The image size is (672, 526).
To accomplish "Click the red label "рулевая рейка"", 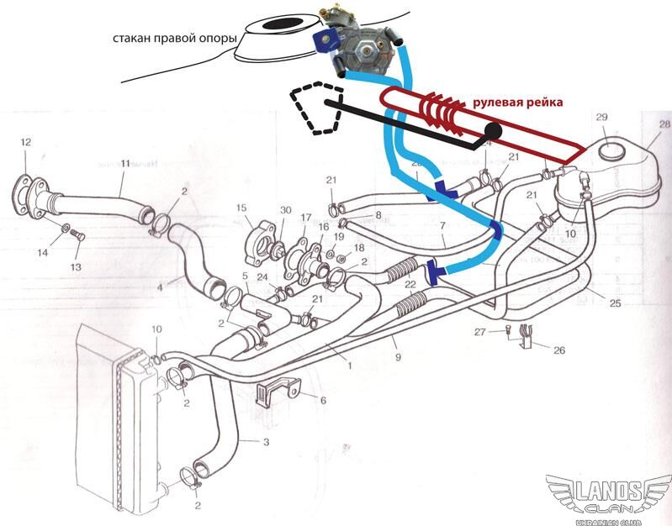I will (x=516, y=102).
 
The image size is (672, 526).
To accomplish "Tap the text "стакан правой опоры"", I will (x=175, y=39).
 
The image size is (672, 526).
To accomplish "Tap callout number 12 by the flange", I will (x=25, y=141).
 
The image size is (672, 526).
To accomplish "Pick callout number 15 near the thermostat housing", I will (x=241, y=207).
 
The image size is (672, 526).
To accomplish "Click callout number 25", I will (x=615, y=302).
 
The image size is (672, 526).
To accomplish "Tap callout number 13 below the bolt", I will (x=77, y=266).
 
